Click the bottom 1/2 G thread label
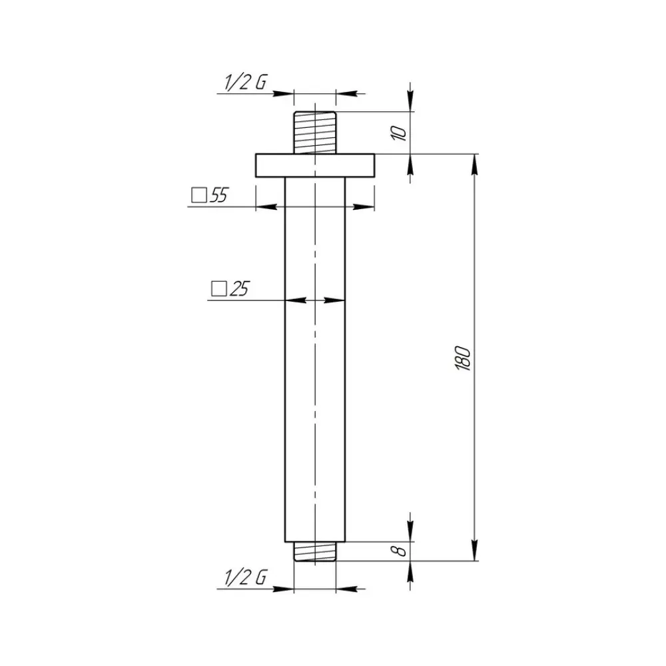coord(246,577)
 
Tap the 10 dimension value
coord(398,133)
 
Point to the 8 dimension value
coord(399,551)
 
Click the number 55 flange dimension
coord(219,195)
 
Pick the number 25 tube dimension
coord(239,289)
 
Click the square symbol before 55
coord(198,196)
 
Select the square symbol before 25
coord(218,289)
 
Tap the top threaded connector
coord(315,133)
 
